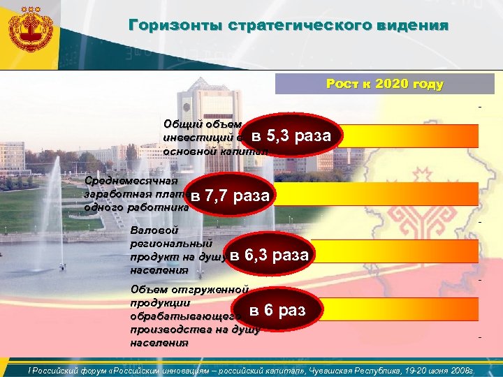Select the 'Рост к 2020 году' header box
[x=384, y=84]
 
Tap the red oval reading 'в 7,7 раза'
[x=230, y=195]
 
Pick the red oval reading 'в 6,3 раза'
[x=269, y=255]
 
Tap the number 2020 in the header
[x=393, y=84]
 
